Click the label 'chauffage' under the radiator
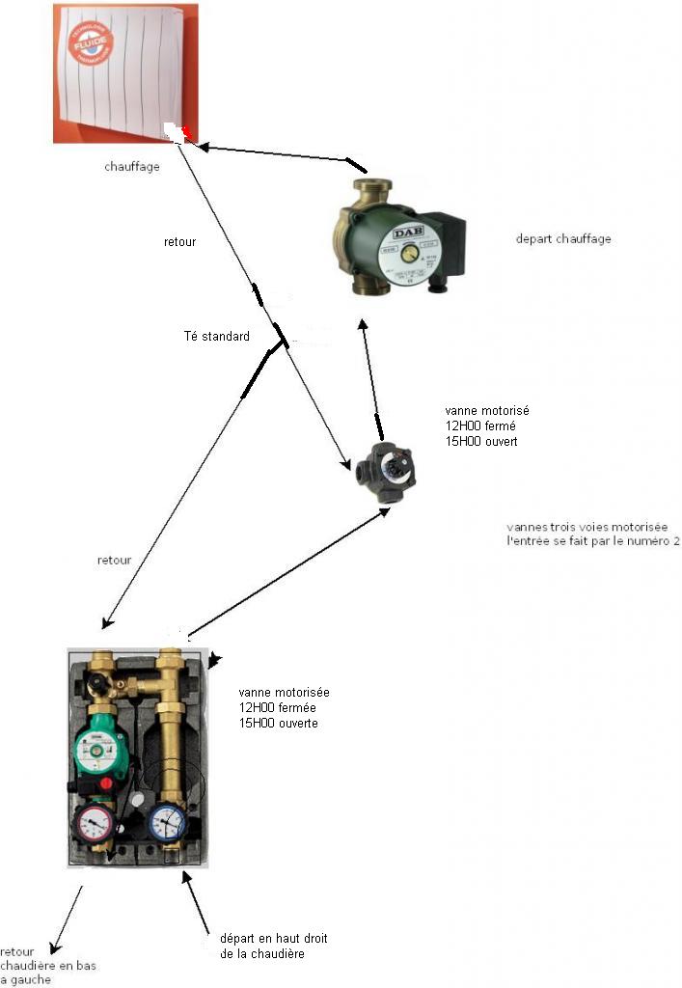132,166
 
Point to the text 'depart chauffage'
563,239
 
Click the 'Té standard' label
216,337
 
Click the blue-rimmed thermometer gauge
169,823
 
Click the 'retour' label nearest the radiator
179,242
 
